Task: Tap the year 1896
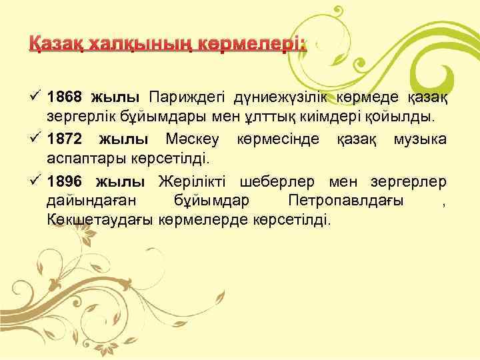click(x=65, y=182)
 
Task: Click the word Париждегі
click(x=187, y=98)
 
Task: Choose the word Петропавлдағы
click(x=346, y=201)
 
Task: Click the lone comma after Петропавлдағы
click(x=444, y=203)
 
